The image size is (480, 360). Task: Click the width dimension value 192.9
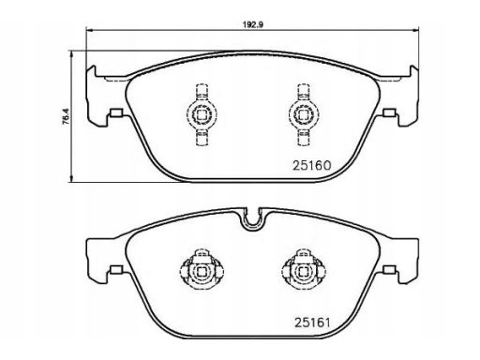pos(252,24)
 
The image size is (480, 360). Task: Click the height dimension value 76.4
pos(67,117)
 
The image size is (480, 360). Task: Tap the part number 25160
pos(311,166)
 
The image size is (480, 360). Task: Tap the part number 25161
pos(312,322)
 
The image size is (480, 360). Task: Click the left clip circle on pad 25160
pos(202,114)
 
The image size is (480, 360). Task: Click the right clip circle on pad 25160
pos(303,114)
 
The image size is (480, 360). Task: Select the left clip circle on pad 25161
pos(202,272)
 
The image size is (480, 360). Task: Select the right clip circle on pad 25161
pos(303,272)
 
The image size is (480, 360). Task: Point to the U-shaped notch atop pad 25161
pos(252,230)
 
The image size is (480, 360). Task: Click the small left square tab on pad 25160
pos(116,112)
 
